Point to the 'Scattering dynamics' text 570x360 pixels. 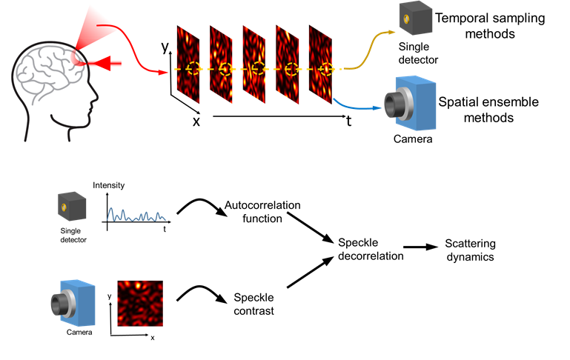click(470, 250)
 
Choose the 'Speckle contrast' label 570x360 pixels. click(253, 304)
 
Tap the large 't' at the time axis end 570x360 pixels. click(348, 121)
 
